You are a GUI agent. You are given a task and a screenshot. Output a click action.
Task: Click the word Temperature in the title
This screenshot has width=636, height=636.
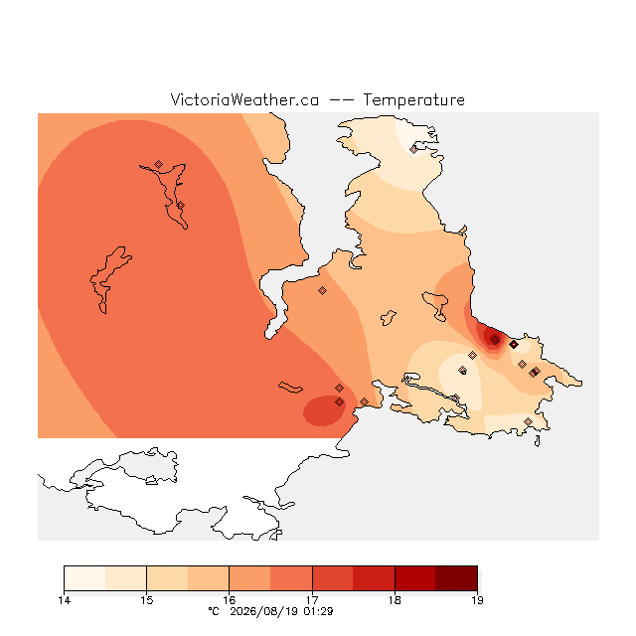point(413,100)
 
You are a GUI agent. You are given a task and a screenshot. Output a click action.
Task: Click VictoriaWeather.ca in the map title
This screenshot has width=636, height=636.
point(244,99)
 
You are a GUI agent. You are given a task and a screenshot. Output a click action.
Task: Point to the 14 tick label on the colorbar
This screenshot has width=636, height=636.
point(64,600)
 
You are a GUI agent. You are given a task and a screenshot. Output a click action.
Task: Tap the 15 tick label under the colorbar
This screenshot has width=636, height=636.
point(147,600)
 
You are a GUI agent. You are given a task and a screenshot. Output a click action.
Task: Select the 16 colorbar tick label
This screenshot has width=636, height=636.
point(230,600)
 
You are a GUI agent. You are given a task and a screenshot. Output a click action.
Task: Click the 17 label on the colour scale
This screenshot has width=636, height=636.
point(312,600)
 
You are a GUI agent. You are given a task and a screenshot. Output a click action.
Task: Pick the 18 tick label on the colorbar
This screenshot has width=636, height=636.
point(395,600)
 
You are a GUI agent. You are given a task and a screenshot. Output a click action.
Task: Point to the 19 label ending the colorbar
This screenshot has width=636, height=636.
point(477,600)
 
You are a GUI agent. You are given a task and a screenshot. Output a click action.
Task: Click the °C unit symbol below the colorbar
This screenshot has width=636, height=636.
point(214,611)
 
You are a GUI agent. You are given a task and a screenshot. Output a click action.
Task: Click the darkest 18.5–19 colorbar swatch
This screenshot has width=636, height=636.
point(456,578)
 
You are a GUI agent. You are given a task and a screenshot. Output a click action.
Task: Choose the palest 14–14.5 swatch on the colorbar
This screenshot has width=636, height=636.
point(84,578)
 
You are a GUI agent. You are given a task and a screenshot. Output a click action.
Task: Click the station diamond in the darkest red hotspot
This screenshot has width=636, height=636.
point(495,340)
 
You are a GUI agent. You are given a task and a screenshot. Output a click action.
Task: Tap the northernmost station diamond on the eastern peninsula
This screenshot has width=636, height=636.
point(413,150)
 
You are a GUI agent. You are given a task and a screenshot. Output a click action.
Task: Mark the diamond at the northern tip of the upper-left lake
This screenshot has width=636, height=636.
point(159,164)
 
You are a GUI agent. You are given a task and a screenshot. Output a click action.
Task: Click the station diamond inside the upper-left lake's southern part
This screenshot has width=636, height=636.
point(181,206)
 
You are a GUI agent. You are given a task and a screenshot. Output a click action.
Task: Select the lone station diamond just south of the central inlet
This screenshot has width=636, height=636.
point(322,290)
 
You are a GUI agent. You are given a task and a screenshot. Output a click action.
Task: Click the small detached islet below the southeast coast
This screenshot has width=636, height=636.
point(538,441)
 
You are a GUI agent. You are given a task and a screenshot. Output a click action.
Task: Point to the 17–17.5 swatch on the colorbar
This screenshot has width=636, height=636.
point(333,578)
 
